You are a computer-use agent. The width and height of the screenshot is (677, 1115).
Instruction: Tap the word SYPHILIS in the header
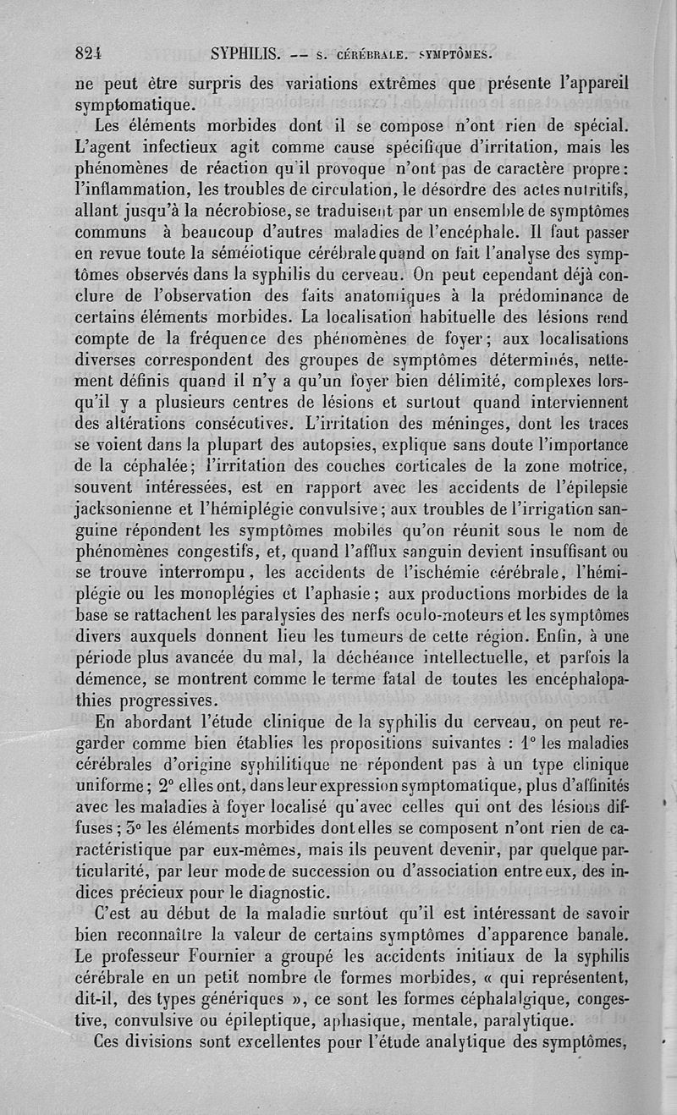(x=245, y=56)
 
